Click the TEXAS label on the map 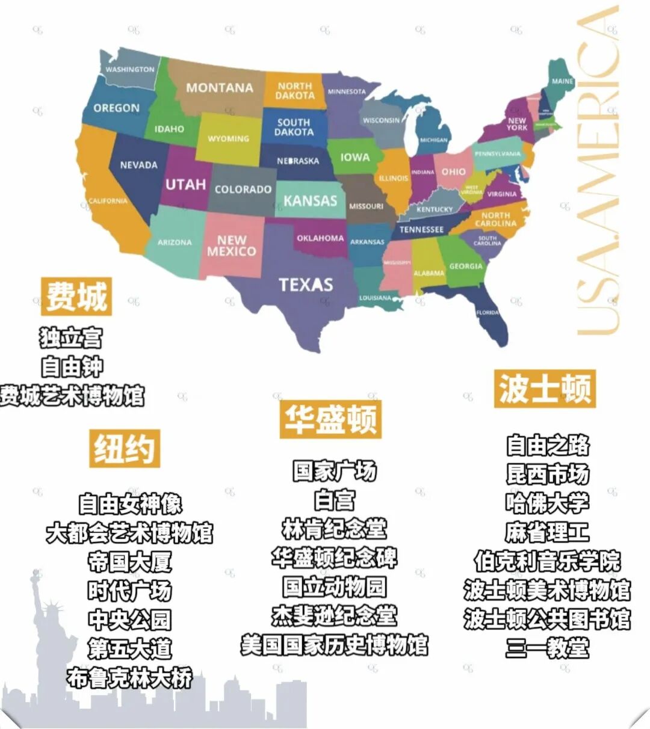point(306,284)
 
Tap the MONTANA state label point(219,88)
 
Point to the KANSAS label point(311,200)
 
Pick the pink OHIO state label point(453,172)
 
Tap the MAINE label point(562,81)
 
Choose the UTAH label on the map point(185,185)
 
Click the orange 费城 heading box point(76,296)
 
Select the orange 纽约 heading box point(125,448)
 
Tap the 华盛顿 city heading point(330,419)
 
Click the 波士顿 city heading point(545,389)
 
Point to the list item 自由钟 point(72,366)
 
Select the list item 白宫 point(335,500)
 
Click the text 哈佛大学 point(547,503)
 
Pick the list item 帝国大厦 point(129,562)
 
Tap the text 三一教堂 point(547,648)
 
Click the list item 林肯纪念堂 point(334,529)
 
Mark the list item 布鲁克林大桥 point(129,678)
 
